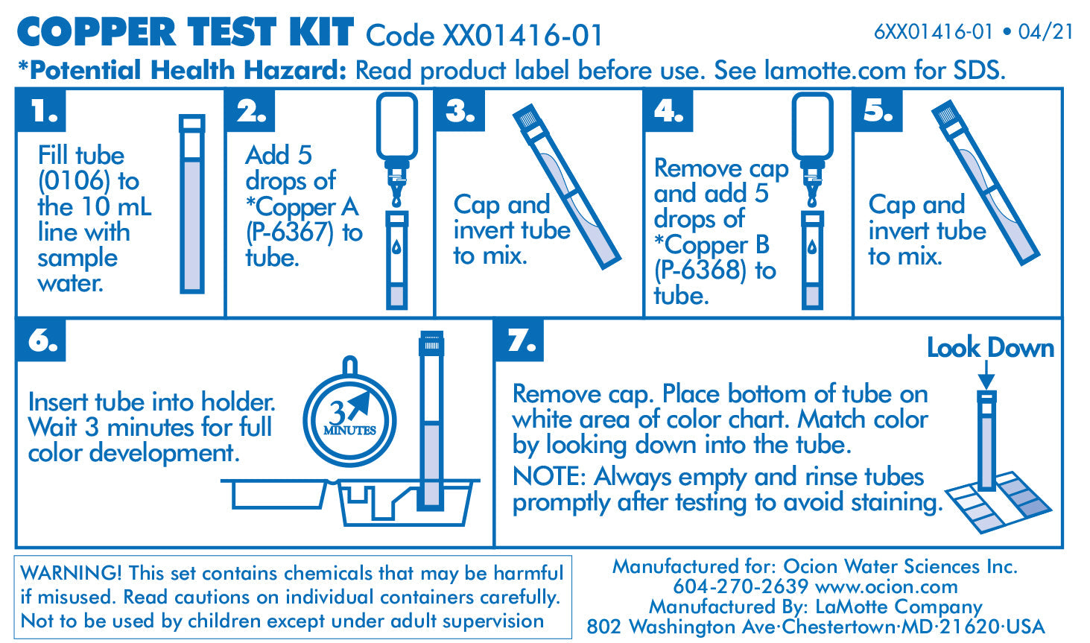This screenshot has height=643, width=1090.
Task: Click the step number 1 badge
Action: (42, 110)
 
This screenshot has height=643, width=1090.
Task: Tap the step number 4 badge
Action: (669, 110)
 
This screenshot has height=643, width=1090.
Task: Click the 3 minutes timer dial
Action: (350, 418)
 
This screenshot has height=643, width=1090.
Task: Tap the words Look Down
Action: (990, 348)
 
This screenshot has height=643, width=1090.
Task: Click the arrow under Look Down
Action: (986, 375)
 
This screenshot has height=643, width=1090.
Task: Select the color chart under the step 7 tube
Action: (998, 502)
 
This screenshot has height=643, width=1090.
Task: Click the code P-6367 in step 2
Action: (290, 232)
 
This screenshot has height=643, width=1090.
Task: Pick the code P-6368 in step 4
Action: (700, 270)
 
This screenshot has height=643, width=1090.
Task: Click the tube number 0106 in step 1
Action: (75, 182)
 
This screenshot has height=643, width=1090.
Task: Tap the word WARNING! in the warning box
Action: (71, 573)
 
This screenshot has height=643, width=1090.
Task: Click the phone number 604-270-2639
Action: (741, 586)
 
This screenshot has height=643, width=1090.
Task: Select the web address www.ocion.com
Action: (887, 587)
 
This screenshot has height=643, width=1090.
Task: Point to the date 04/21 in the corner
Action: (1046, 32)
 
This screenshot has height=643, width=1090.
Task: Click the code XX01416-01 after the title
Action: (522, 36)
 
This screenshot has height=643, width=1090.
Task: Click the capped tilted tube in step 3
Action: (567, 186)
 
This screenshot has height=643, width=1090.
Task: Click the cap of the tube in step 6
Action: (431, 343)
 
